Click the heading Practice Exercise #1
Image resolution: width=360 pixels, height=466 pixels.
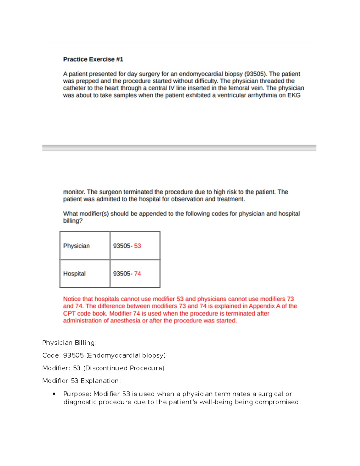pos(93,59)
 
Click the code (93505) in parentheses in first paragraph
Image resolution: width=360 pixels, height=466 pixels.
pos(255,74)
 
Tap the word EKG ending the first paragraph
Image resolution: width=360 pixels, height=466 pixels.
pos(294,95)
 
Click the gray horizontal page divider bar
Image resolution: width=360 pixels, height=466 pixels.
pos(179,148)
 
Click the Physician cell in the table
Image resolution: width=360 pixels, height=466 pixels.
pos(76,246)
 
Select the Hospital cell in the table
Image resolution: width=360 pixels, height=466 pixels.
pos(74,274)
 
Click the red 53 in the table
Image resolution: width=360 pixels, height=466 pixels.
pos(137,246)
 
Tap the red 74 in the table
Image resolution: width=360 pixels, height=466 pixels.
pos(137,274)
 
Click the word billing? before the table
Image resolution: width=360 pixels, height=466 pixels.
pos(73,221)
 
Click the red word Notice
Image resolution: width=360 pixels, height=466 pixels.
pos(72,299)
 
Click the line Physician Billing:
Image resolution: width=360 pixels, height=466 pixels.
pos(69,343)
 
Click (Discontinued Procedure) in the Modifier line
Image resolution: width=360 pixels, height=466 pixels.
pos(124,368)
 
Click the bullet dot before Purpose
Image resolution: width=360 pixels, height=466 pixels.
pos(54,394)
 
